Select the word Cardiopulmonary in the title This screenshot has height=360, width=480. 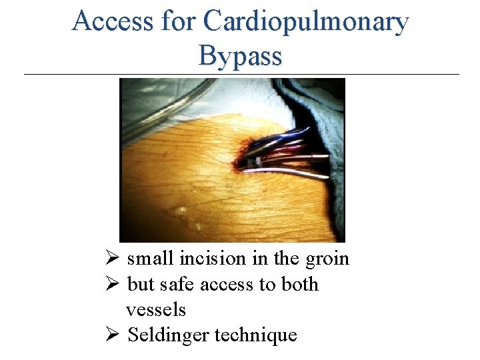tap(305, 21)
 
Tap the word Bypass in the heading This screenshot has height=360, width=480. tap(240, 56)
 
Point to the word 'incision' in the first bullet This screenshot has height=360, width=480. tap(208, 259)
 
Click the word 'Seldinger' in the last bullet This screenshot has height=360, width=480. tap(168, 335)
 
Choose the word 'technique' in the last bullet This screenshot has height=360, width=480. tap(255, 335)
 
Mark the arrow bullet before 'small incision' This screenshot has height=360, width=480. tap(112, 259)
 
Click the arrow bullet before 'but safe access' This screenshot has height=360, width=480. tap(112, 285)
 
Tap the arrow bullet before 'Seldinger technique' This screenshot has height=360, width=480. tap(112, 335)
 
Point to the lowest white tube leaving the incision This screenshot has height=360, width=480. tap(293, 175)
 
